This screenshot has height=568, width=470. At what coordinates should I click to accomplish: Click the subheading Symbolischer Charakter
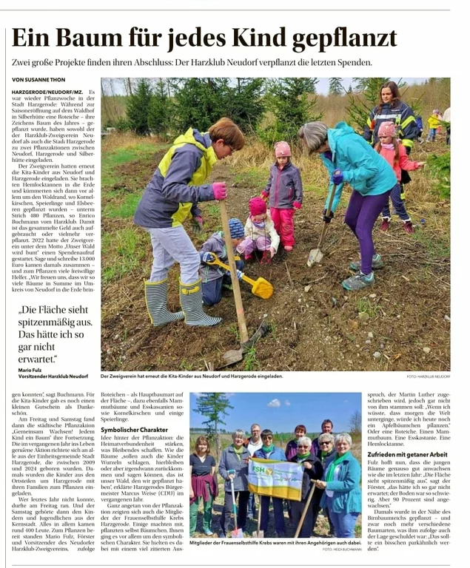point(135,430)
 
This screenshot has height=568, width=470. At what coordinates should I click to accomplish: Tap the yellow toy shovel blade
point(261,288)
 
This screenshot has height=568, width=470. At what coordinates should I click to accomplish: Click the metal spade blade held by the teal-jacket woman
point(315,256)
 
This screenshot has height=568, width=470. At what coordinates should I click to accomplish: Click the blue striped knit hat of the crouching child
point(236,226)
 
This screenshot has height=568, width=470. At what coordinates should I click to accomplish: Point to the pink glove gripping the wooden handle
point(219,192)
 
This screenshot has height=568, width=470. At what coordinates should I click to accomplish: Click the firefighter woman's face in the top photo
point(391,94)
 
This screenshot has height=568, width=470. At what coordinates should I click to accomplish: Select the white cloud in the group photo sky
point(275,402)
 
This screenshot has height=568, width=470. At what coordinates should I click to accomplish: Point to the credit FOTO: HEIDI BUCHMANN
point(341,548)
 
